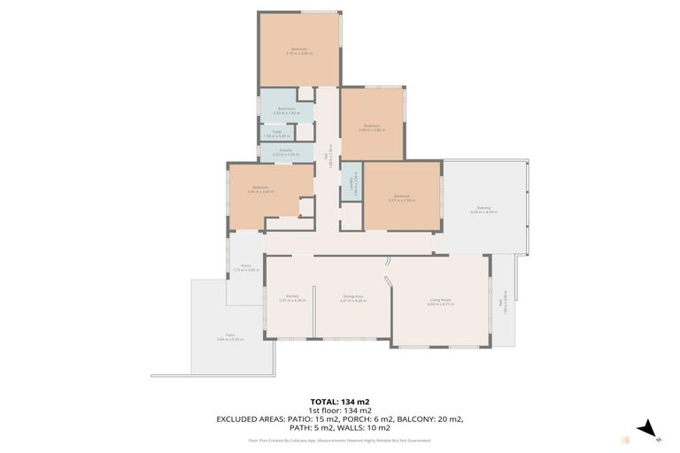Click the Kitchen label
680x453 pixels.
coord(292,297)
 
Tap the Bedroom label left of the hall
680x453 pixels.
coord(260,188)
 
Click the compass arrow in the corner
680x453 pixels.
coord(648,428)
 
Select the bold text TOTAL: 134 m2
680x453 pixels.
coord(339,400)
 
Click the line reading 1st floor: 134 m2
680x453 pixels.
coord(339,410)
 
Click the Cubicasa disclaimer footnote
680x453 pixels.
coord(339,439)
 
